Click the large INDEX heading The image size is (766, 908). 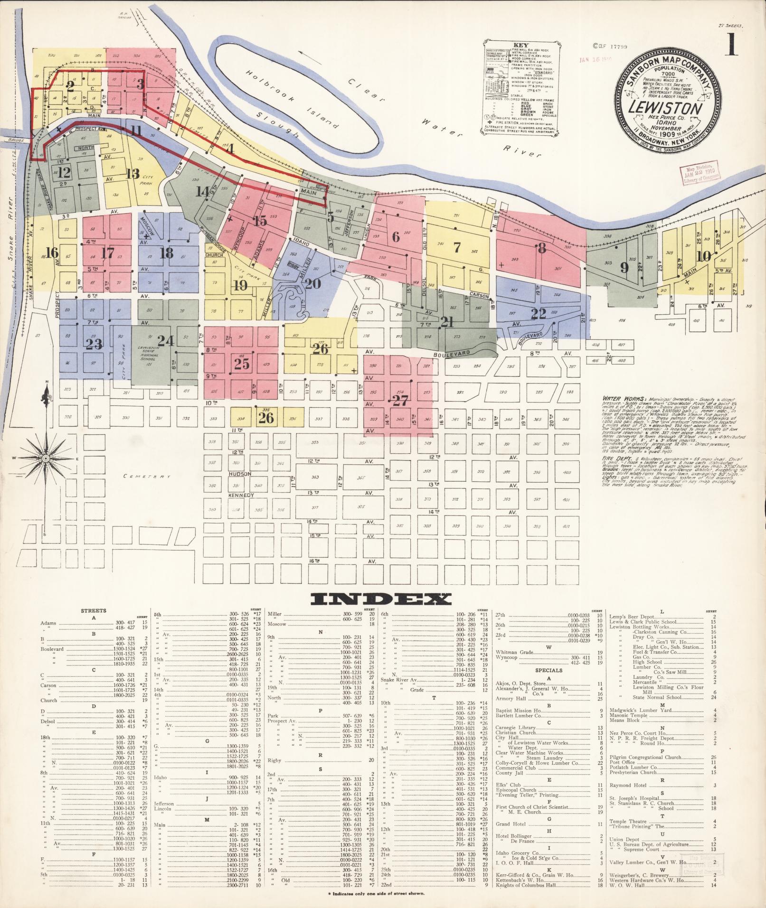pyautogui.click(x=380, y=599)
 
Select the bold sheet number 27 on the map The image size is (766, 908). pyautogui.click(x=400, y=401)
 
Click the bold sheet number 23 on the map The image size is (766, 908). pyautogui.click(x=94, y=344)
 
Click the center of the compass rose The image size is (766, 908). pyautogui.click(x=46, y=458)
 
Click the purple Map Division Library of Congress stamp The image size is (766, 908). pyautogui.click(x=700, y=175)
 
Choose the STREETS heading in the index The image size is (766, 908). pyautogui.click(x=94, y=610)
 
